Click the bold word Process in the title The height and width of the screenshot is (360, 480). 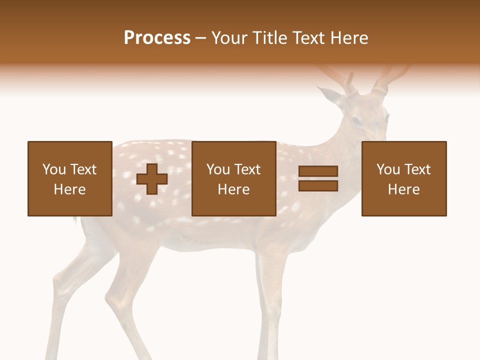click(157, 38)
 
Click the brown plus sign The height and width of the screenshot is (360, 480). click(152, 179)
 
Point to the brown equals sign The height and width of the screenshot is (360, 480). click(318, 178)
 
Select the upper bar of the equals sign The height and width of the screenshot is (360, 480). click(318, 172)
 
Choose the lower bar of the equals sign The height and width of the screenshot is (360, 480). click(318, 185)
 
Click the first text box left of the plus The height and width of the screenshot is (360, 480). click(69, 178)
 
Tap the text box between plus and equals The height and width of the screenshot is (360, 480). click(233, 178)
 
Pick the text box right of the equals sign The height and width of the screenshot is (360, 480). click(403, 178)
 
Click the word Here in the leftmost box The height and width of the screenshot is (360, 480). click(69, 189)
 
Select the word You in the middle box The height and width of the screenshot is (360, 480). click(218, 169)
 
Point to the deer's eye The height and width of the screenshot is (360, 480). click(355, 120)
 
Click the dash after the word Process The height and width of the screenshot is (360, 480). click(200, 38)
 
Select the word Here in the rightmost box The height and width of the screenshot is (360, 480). click(403, 189)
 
